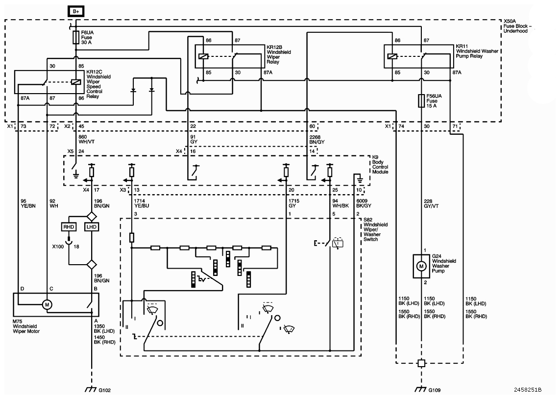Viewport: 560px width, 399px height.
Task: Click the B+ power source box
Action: (76, 11)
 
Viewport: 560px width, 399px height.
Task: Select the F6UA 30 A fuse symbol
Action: (76, 37)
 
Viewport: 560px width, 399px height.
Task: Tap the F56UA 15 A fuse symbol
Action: (421, 101)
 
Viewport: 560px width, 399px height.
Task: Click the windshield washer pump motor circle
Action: (421, 266)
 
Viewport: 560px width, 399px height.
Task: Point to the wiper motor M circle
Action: (47, 304)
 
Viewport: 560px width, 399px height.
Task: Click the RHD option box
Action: (69, 227)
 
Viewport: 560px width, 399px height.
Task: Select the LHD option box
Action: (92, 227)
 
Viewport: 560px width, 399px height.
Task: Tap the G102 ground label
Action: (105, 391)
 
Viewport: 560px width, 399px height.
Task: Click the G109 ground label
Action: (434, 391)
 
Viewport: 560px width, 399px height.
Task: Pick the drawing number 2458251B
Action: (528, 390)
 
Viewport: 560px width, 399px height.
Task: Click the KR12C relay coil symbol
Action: (76, 82)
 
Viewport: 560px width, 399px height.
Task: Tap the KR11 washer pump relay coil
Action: (392, 56)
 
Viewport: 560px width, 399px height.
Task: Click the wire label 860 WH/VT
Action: (86, 139)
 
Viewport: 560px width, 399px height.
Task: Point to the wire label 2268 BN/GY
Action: (317, 139)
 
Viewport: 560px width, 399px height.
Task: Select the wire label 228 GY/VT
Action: (431, 203)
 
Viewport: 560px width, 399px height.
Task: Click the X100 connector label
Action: (58, 247)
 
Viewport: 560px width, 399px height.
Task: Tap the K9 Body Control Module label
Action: (380, 164)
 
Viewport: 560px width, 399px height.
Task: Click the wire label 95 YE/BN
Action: (28, 203)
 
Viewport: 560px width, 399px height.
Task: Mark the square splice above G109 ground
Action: (421, 363)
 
